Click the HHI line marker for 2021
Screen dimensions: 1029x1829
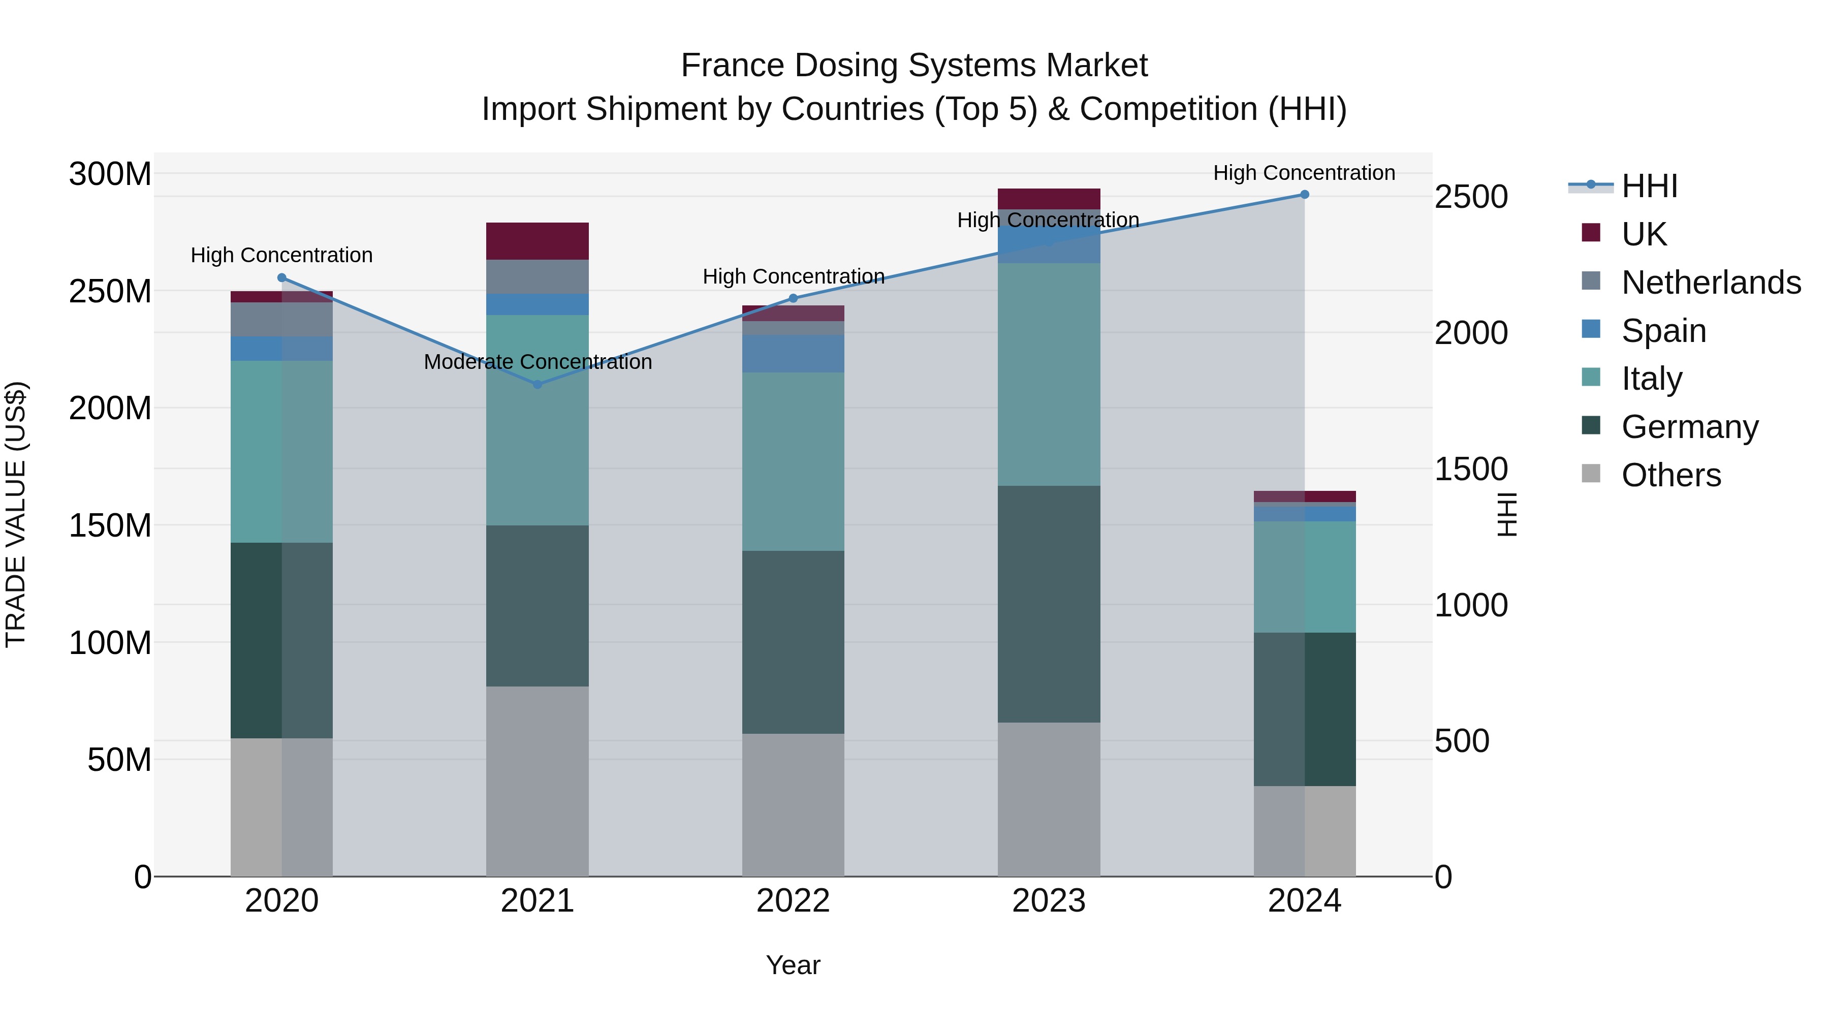(538, 384)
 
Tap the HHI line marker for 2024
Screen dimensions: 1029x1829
(1304, 195)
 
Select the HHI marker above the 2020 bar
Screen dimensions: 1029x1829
(282, 277)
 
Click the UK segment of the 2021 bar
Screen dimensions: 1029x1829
(538, 241)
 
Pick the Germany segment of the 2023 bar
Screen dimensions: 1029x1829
(1049, 604)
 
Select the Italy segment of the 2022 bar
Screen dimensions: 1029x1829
(793, 461)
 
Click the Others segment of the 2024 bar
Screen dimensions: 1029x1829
(1304, 831)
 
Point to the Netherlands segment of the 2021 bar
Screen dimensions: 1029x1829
(538, 276)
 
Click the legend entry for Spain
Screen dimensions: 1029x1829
(1663, 331)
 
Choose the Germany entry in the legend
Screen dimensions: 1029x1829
(1689, 427)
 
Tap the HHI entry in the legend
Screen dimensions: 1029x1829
(1649, 186)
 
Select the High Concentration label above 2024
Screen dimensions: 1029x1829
(1304, 173)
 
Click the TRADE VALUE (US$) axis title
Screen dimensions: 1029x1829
(16, 514)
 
